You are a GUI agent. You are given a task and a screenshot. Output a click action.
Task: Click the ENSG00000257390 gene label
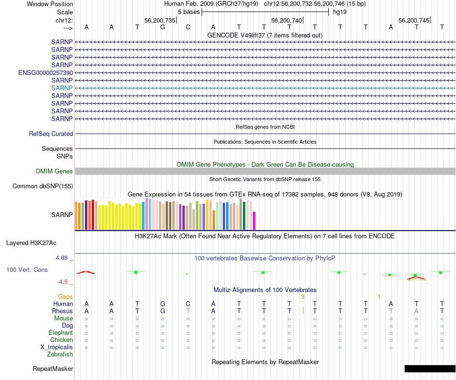(46, 73)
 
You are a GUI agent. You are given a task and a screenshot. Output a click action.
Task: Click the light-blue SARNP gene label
(62, 88)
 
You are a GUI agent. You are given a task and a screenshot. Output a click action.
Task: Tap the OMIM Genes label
(54, 172)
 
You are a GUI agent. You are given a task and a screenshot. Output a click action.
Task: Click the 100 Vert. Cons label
(27, 270)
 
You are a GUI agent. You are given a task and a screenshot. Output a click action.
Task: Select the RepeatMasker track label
(53, 369)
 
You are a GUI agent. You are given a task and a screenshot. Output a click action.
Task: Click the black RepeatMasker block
(430, 368)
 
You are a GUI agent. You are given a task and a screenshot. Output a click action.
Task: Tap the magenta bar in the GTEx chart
(254, 221)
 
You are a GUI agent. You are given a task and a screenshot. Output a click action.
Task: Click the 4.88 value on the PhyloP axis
(63, 258)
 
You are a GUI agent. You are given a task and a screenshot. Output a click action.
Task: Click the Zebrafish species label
(60, 355)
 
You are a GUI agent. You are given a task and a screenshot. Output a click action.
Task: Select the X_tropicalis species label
(57, 347)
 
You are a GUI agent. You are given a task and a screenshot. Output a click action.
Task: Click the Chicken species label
(61, 340)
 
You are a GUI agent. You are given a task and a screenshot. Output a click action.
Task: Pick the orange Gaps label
(66, 297)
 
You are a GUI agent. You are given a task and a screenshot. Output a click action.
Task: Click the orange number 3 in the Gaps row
(302, 297)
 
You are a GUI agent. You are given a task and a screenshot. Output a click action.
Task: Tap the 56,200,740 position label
(287, 20)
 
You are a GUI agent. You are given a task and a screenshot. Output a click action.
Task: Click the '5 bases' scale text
(189, 12)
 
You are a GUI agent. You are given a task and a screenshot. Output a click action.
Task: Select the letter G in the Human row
(163, 304)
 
